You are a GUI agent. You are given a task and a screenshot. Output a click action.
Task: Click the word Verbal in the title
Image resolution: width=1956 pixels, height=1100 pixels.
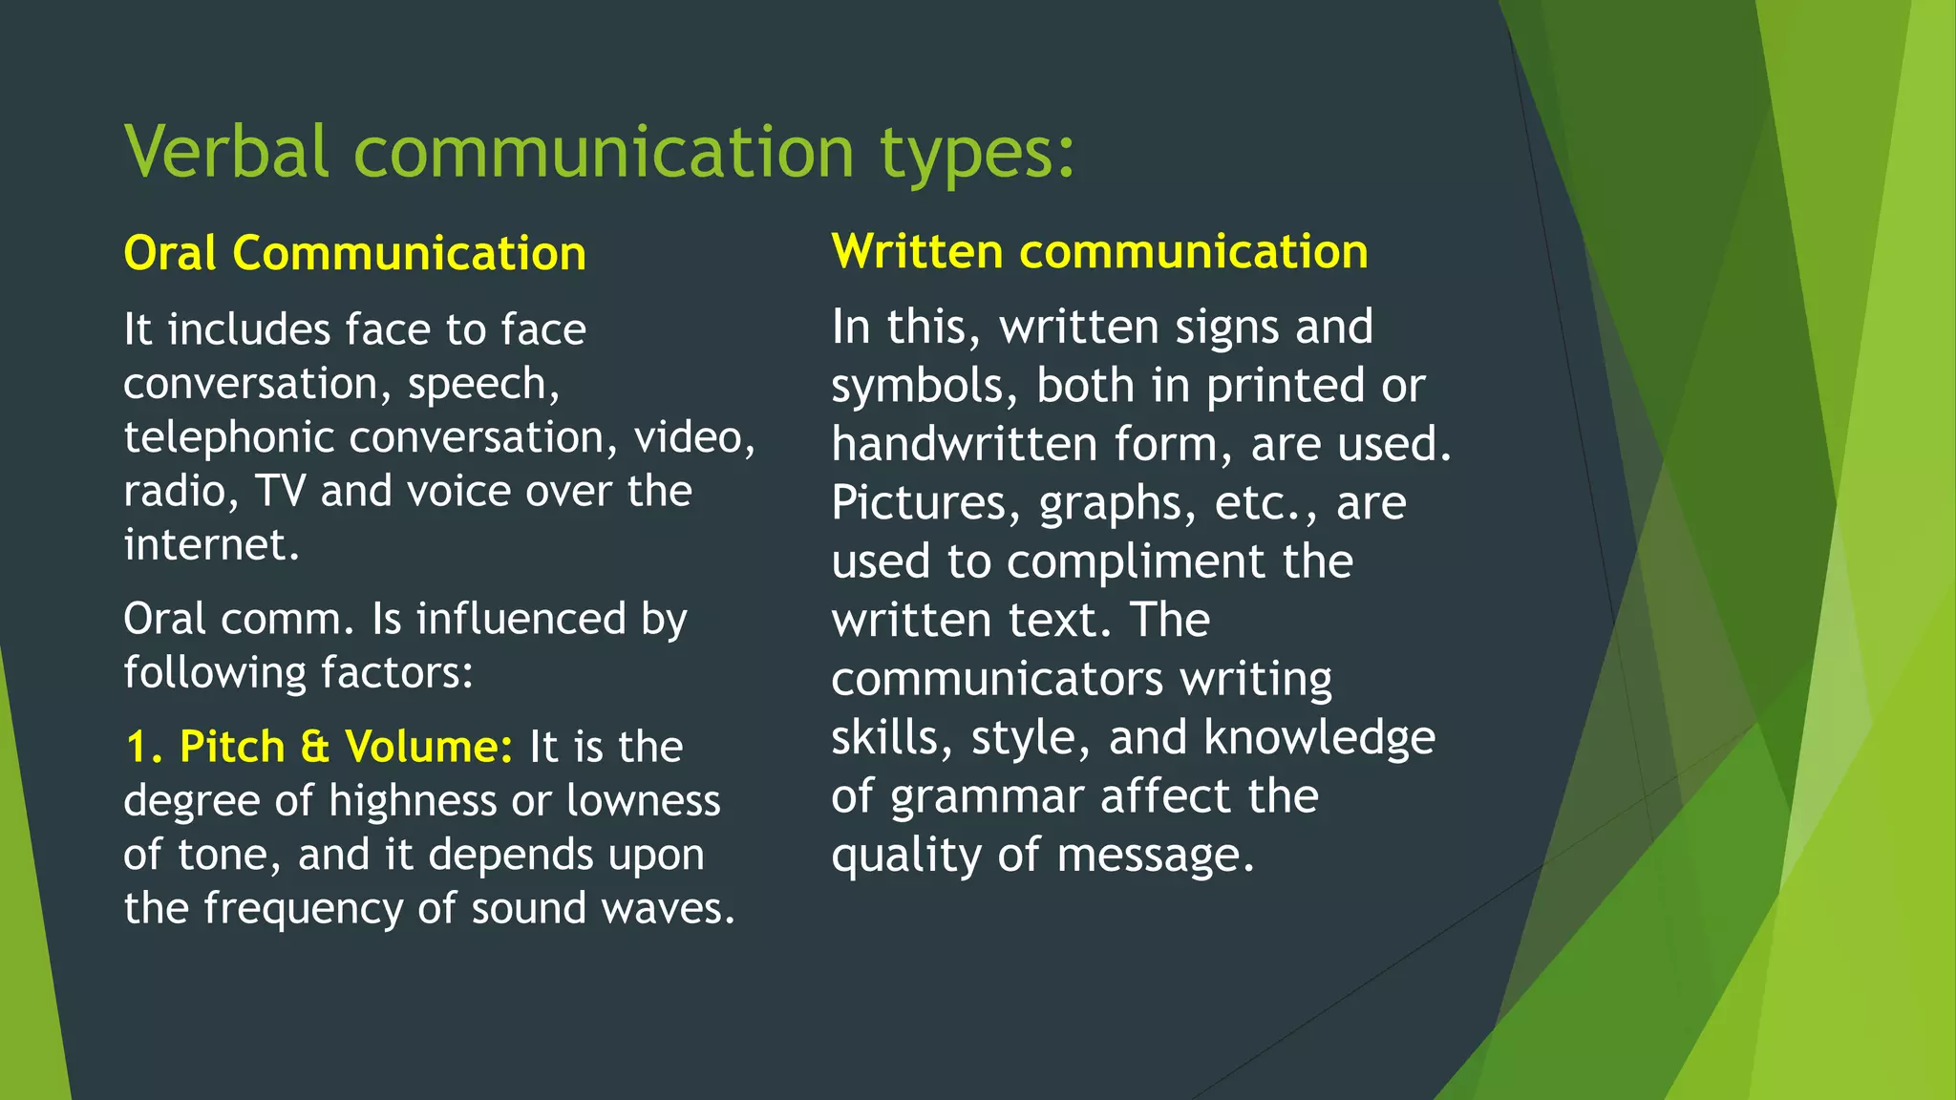(x=227, y=152)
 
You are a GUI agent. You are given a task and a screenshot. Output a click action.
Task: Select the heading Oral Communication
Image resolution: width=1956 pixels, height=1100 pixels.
(x=354, y=254)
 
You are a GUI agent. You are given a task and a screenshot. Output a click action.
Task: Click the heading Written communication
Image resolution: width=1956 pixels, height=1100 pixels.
(x=1099, y=252)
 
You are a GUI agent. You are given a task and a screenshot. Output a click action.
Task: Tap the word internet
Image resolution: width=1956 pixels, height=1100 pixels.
(x=210, y=545)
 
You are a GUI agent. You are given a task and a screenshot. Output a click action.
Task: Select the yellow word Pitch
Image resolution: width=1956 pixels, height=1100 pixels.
(x=232, y=747)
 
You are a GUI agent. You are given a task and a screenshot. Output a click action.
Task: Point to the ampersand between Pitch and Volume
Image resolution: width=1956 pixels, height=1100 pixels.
(x=315, y=748)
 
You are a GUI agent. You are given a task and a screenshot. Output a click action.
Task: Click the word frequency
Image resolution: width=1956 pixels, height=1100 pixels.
(x=304, y=909)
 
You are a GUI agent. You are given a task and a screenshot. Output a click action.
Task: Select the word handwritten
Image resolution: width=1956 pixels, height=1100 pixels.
(x=964, y=445)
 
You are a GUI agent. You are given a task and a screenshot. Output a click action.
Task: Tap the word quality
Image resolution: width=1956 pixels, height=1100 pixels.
(x=905, y=857)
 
